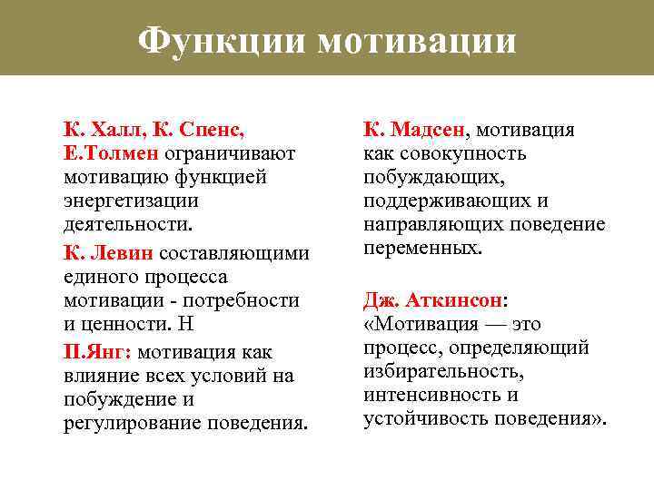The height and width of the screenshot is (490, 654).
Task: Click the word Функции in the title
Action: click(222, 41)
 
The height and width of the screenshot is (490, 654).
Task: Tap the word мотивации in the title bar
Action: click(417, 41)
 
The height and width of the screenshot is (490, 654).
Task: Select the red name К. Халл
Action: click(99, 129)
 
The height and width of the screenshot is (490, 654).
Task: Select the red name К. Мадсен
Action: click(414, 129)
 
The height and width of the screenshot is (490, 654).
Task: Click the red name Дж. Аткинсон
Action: click(434, 300)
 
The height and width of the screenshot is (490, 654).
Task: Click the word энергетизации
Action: click(131, 200)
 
